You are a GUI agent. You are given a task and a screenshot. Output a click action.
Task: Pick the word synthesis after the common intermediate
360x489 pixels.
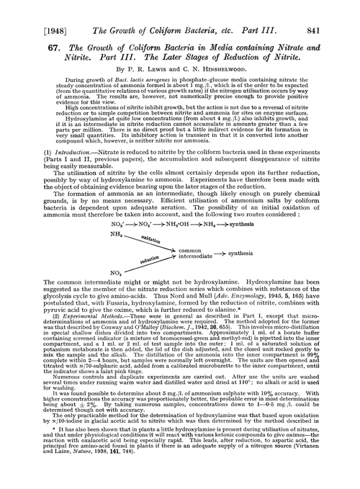[263, 253]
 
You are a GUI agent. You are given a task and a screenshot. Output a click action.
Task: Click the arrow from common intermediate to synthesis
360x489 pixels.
[238, 254]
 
